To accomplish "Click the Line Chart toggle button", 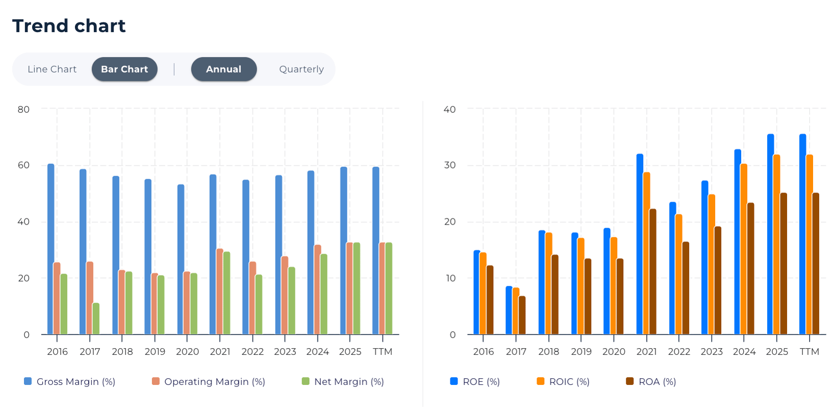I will [x=52, y=69].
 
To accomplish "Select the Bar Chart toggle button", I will [x=124, y=69].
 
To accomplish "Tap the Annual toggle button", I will [x=223, y=69].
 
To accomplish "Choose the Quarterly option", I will [x=301, y=69].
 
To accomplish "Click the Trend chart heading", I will [x=69, y=26].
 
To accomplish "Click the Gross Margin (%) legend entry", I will [x=70, y=382].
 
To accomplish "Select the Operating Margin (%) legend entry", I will [x=209, y=382].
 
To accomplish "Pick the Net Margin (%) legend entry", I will [x=343, y=382].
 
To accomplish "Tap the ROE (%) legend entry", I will [x=475, y=382].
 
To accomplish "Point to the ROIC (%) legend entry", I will [x=563, y=382].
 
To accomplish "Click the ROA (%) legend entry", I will [x=651, y=382].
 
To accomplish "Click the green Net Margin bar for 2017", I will [x=96, y=319].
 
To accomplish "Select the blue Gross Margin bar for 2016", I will [x=51, y=250].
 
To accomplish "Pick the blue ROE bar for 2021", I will [x=640, y=245].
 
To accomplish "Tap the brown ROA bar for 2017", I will [x=522, y=315].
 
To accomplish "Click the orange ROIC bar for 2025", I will [x=776, y=245].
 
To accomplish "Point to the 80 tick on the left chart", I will [x=23, y=109].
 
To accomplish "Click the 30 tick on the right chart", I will [x=450, y=165].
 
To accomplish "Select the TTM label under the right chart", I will [x=809, y=352].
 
